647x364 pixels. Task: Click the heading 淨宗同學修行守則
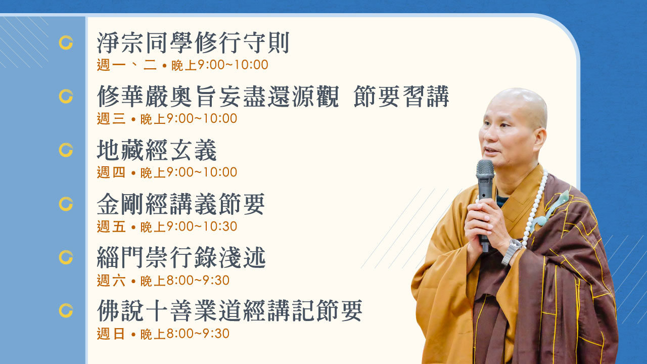[x=193, y=43]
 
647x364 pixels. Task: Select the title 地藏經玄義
[x=157, y=150]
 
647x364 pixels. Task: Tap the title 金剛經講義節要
[x=181, y=204]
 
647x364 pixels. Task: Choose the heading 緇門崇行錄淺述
[x=181, y=257]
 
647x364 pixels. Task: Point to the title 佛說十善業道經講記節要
[x=229, y=311]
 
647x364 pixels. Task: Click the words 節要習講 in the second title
[x=401, y=97]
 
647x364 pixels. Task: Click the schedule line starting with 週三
[x=167, y=119]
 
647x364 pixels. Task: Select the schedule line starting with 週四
[x=167, y=172]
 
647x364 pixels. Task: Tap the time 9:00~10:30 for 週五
[x=202, y=226]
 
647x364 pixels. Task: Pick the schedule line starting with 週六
[x=163, y=281]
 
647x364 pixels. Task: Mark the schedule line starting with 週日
[x=163, y=334]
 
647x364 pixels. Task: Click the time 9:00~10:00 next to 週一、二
[x=233, y=65]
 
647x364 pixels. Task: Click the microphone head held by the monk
[x=485, y=170]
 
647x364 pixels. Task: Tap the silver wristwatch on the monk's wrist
[x=513, y=251]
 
